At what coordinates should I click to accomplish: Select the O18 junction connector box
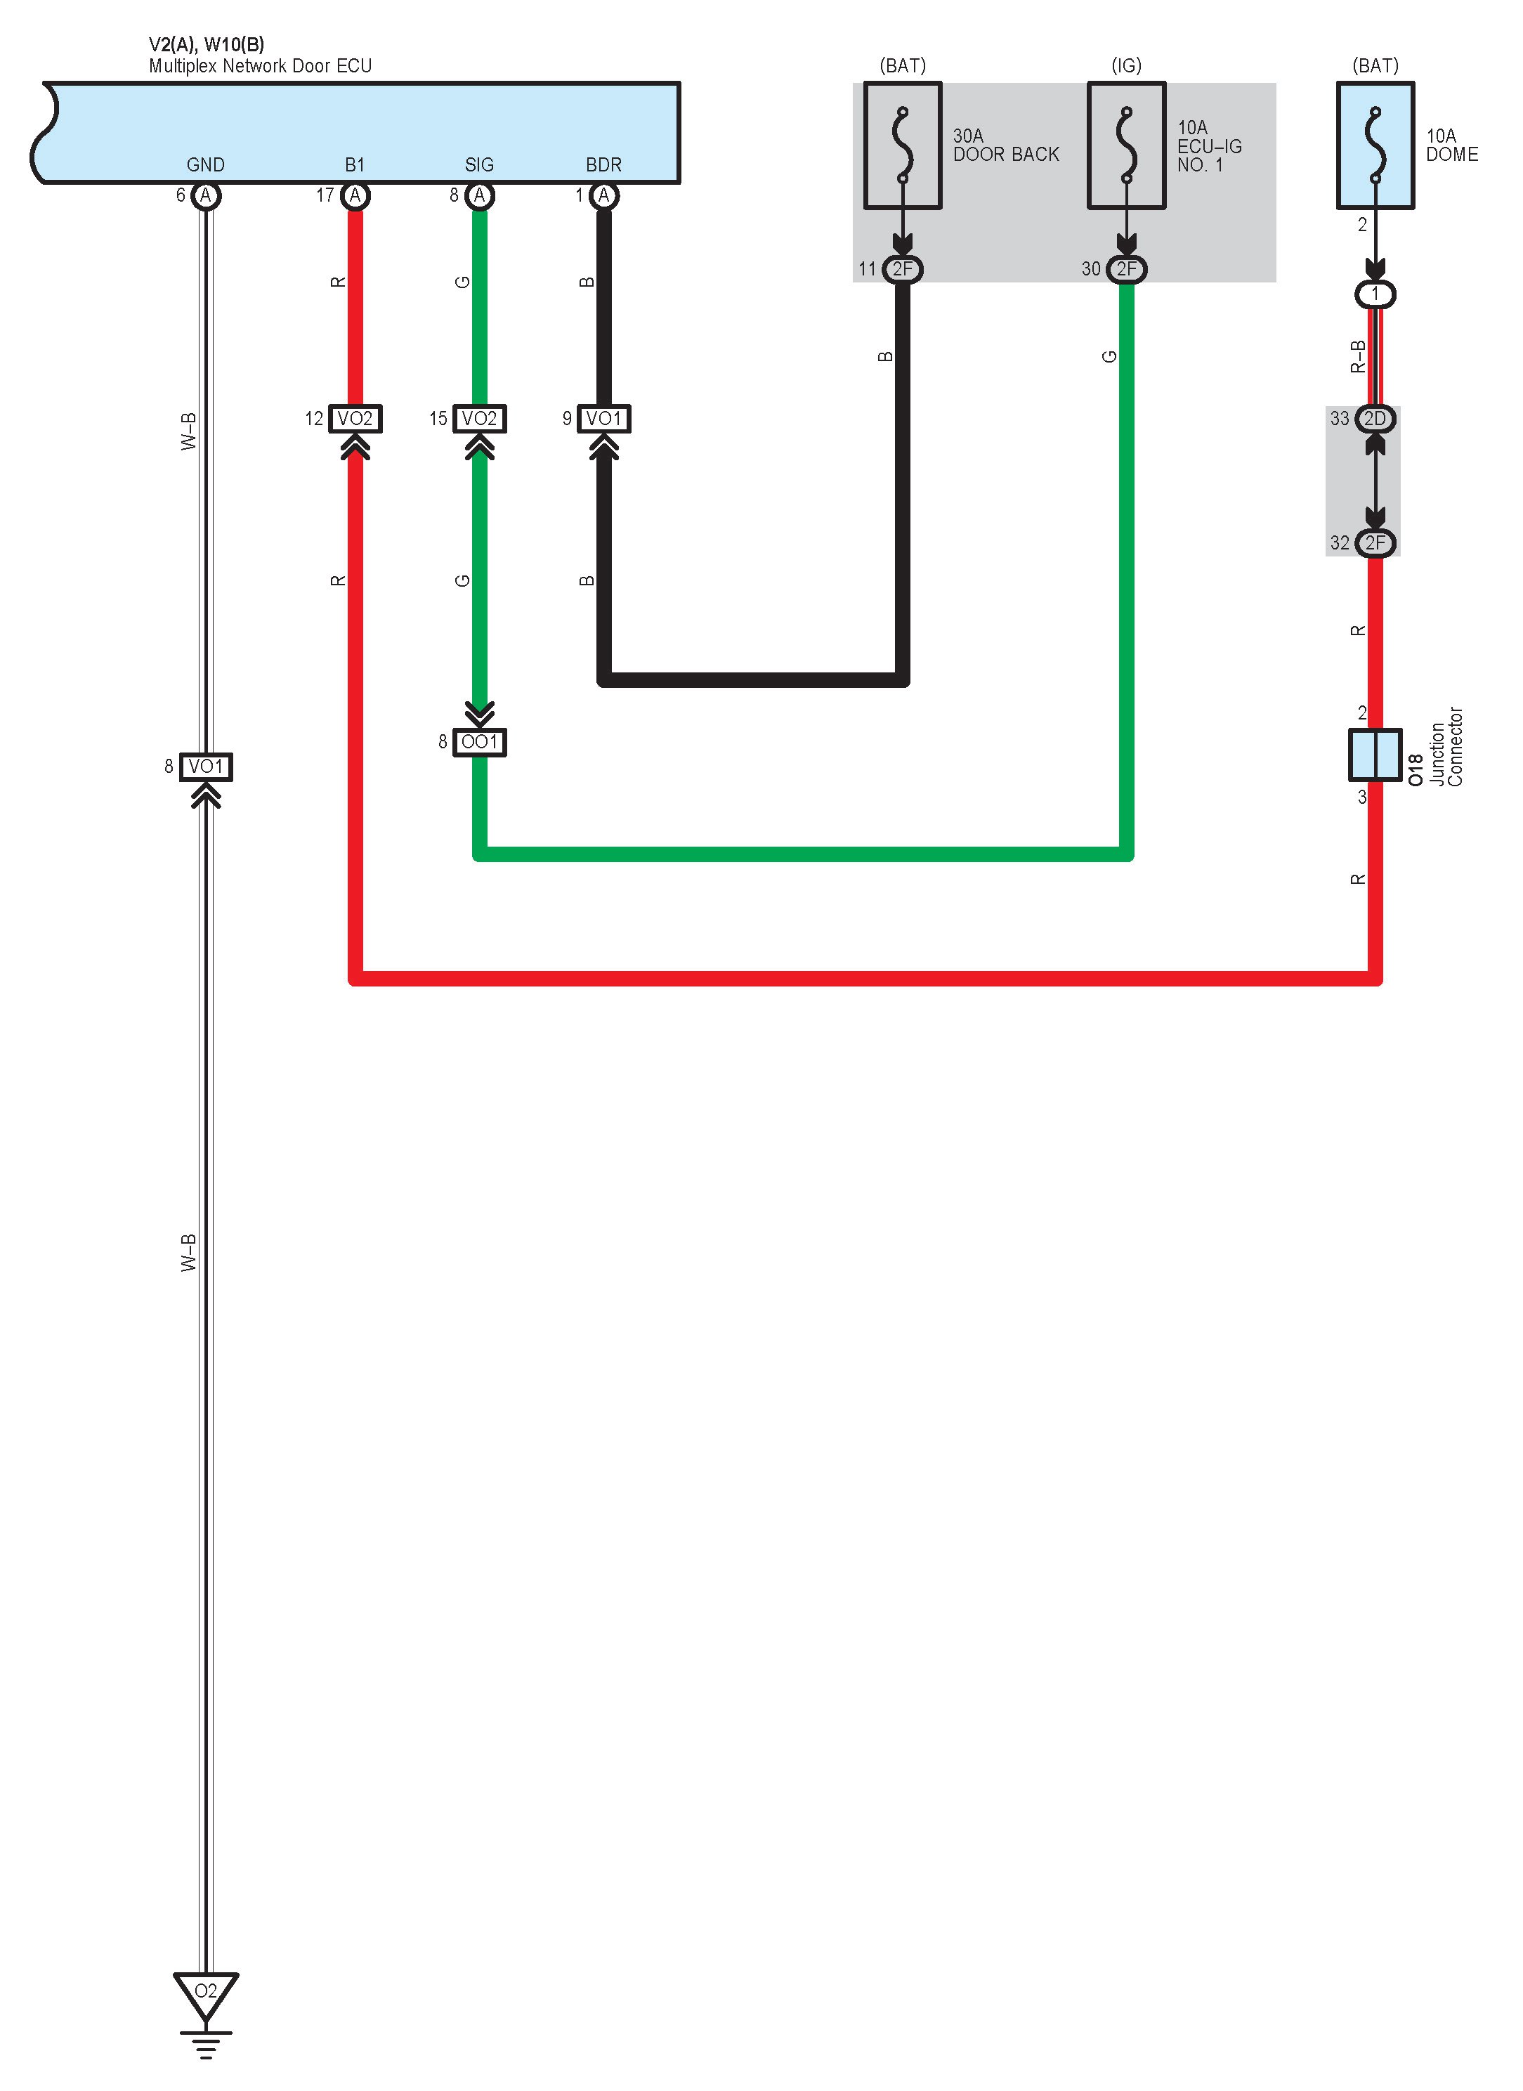[x=1375, y=754]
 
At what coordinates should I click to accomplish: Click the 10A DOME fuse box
[x=1375, y=145]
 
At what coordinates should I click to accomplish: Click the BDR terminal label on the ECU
[x=604, y=165]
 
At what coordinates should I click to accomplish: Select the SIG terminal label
[x=479, y=165]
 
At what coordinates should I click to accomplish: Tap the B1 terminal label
[x=355, y=165]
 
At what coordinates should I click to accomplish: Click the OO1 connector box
[x=479, y=742]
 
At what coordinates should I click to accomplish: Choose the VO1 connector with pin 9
[x=604, y=419]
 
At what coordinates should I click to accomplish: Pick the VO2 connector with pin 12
[x=355, y=419]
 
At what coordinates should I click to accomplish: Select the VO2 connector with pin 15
[x=479, y=419]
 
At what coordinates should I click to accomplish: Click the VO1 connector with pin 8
[x=206, y=766]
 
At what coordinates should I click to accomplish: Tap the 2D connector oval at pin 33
[x=1375, y=419]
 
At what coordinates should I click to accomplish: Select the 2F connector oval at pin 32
[x=1375, y=543]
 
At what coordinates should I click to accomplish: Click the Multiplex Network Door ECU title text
[x=260, y=66]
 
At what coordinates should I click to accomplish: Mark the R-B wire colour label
[x=1357, y=356]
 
